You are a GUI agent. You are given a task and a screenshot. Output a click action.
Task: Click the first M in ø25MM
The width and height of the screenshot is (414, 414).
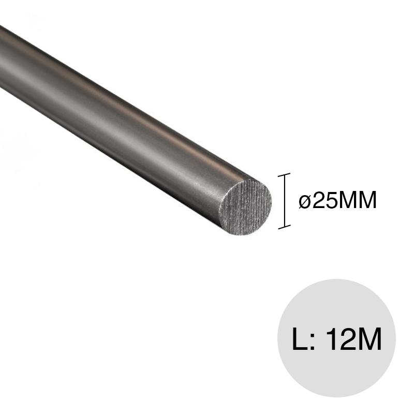[349, 200]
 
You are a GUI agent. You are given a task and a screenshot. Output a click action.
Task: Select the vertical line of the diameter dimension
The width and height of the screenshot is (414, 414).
[284, 201]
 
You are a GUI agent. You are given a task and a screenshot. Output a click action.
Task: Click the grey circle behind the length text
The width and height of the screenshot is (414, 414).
[336, 373]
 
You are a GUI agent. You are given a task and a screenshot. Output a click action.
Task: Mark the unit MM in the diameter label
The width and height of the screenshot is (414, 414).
[358, 200]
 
